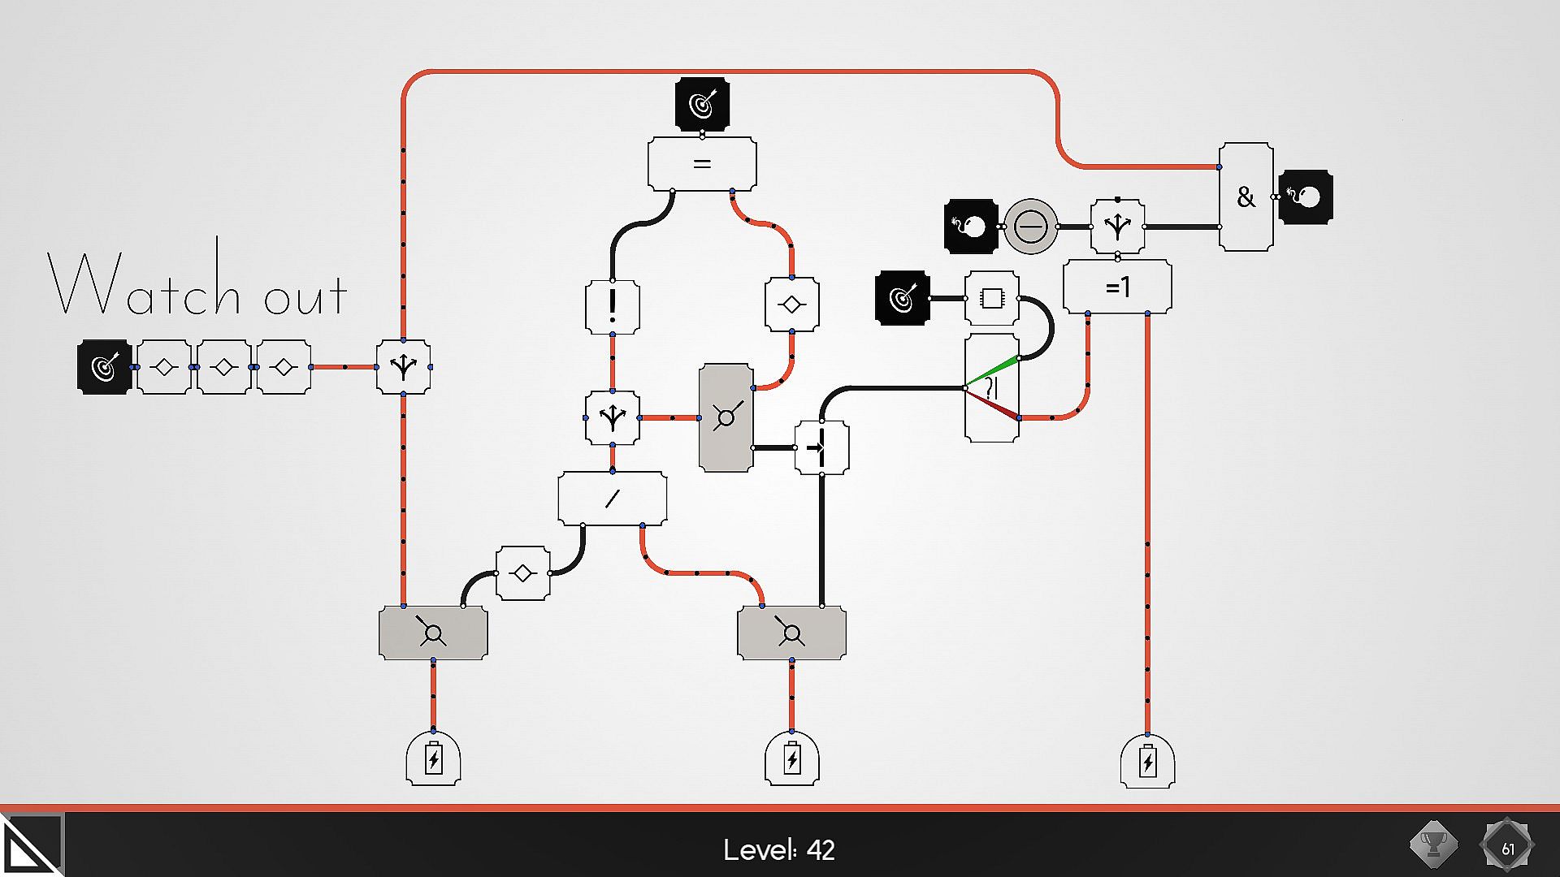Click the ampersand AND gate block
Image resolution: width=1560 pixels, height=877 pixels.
1246,197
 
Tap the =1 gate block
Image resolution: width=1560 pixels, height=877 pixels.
1117,287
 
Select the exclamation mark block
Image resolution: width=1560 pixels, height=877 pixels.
612,306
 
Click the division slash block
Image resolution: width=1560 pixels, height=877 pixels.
612,498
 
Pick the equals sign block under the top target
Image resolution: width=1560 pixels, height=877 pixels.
702,164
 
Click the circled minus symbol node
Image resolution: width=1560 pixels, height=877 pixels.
1030,227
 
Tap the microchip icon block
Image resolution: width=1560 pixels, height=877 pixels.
991,298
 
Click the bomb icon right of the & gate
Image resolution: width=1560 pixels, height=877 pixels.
1306,197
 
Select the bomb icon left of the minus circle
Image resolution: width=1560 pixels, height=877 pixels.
971,227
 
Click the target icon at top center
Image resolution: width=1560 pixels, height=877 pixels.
702,104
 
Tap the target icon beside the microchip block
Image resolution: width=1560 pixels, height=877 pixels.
902,298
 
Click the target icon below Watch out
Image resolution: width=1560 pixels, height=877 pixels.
104,367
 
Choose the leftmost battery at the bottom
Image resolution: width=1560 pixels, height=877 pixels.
433,759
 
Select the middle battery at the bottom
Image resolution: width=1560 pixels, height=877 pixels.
791,759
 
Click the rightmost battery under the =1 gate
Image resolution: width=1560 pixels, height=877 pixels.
1147,761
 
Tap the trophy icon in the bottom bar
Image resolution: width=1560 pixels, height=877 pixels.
1433,845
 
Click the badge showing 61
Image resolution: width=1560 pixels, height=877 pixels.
1507,847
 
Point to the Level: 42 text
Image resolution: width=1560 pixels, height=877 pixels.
778,849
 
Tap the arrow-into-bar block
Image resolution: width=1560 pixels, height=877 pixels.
821,447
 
